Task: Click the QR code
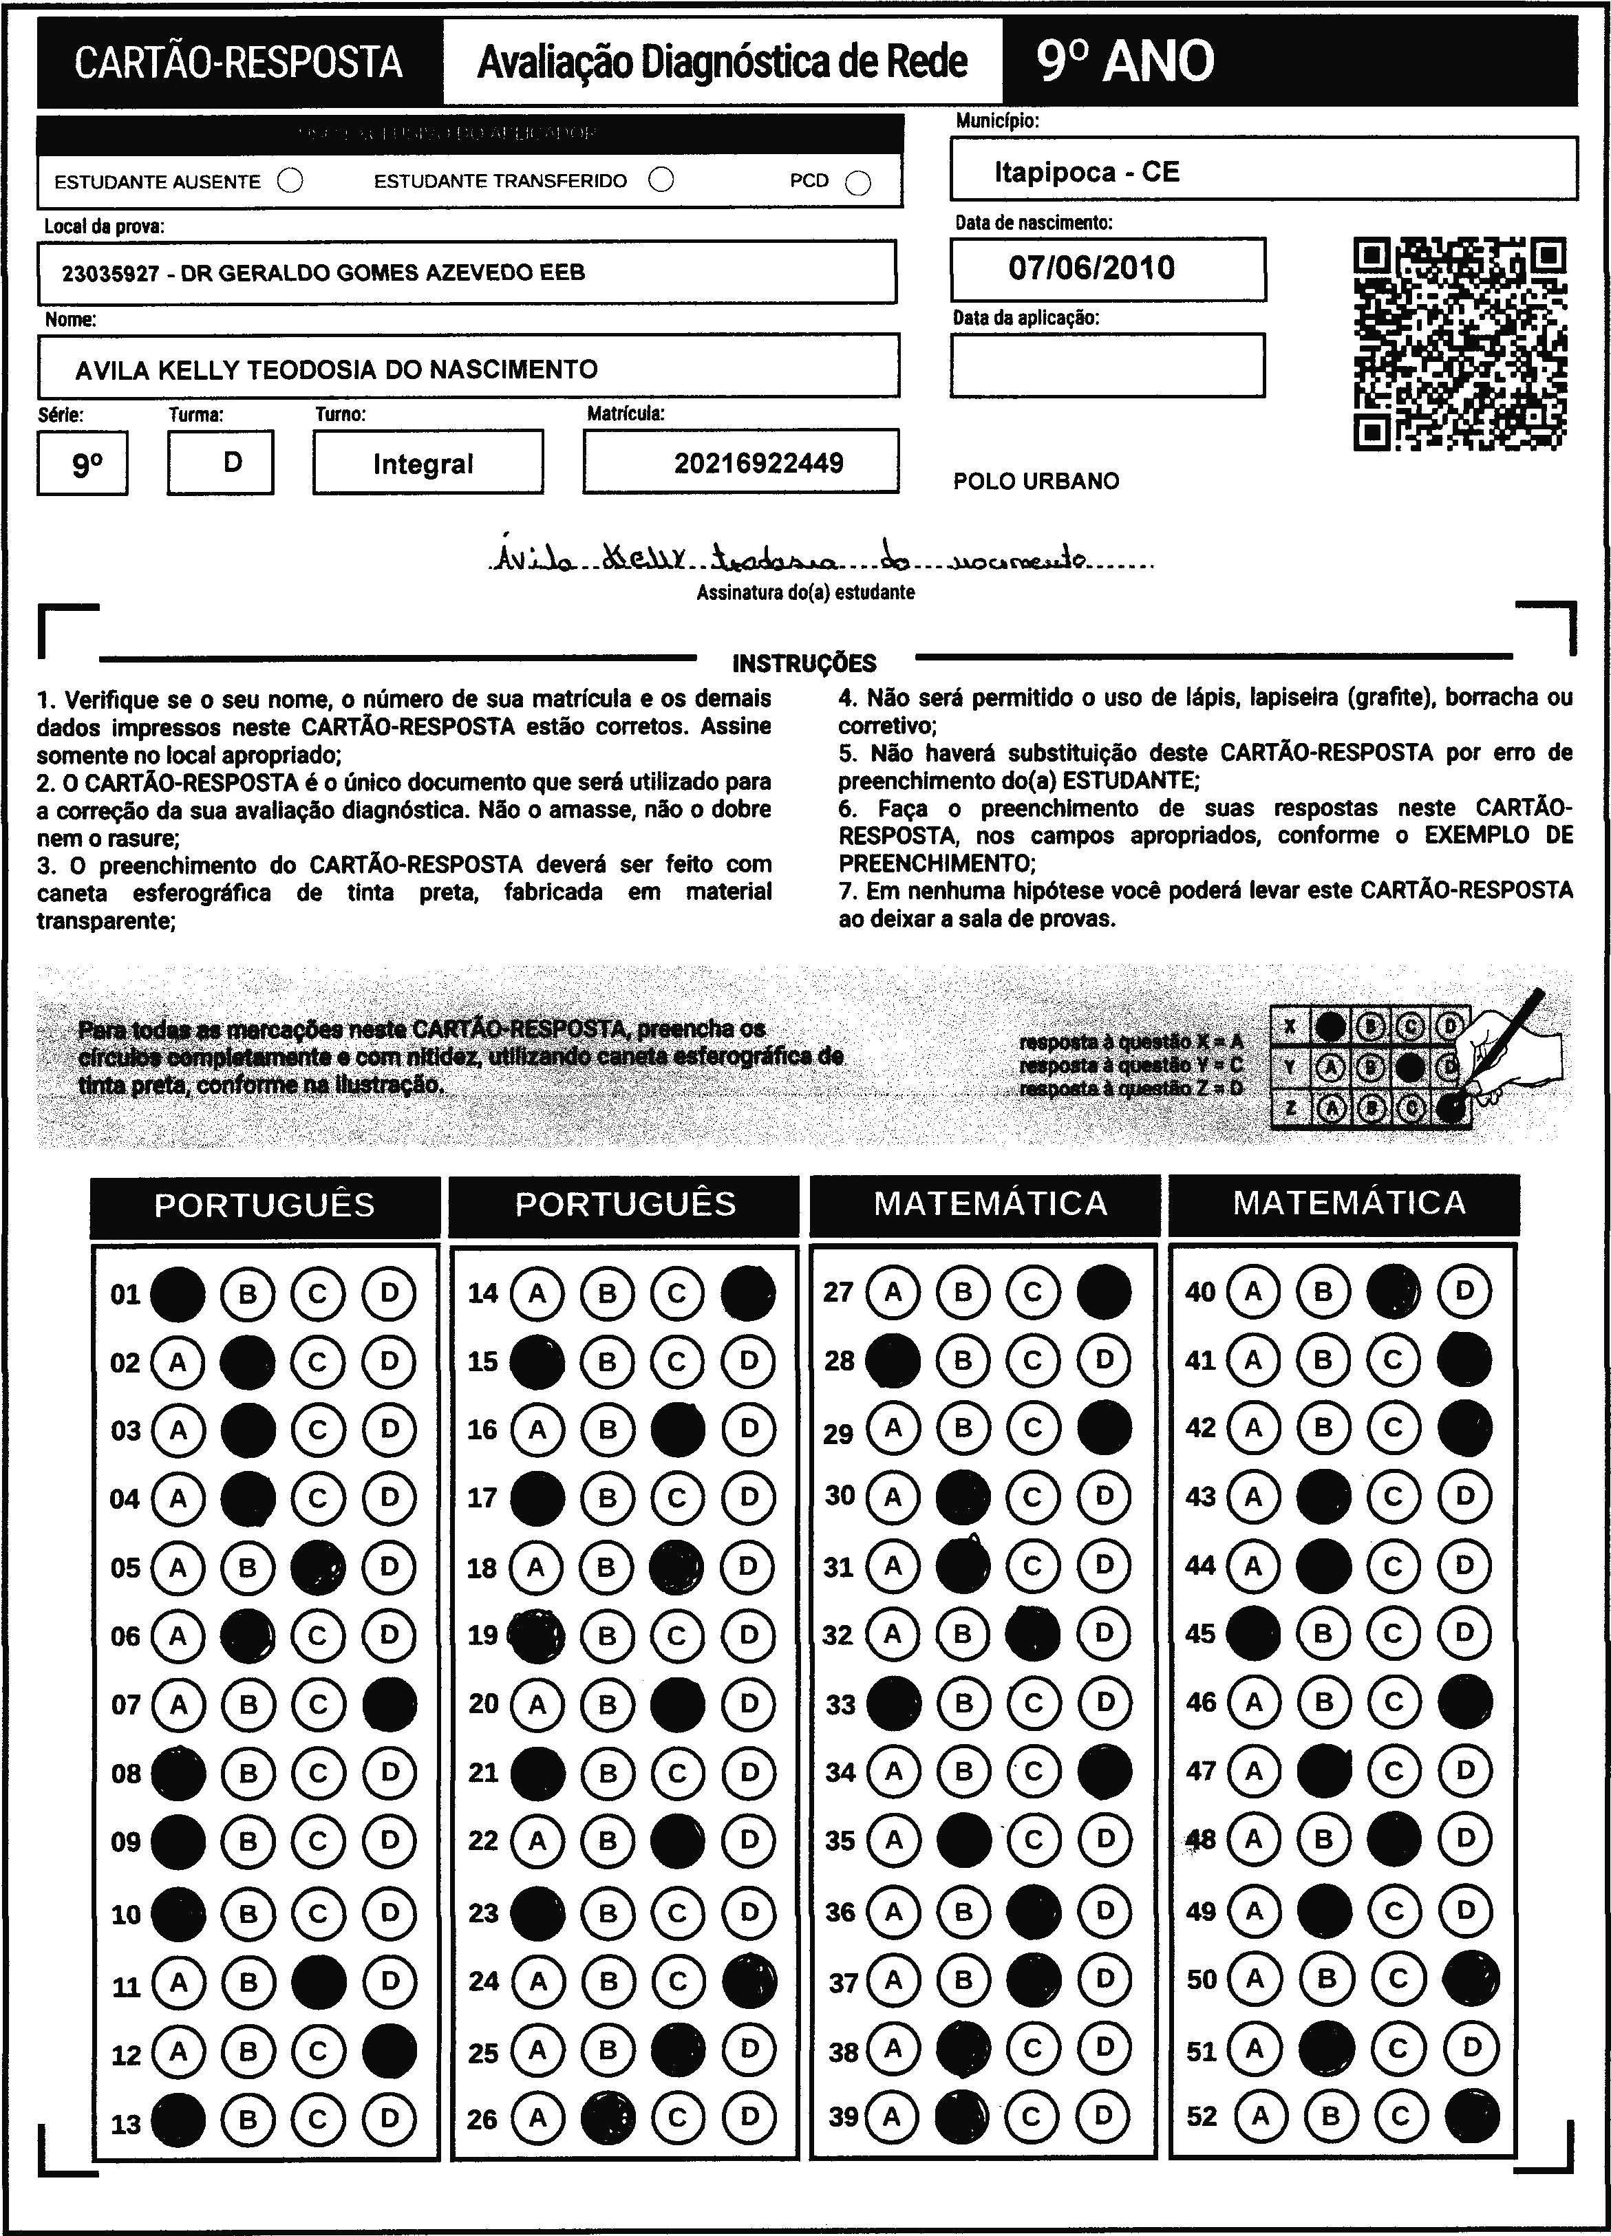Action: pos(1460,343)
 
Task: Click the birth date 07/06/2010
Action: pos(1091,268)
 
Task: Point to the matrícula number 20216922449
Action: pos(758,464)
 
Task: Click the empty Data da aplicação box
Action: pos(1107,365)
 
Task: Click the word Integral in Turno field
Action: pos(423,464)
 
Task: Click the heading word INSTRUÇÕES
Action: pos(804,663)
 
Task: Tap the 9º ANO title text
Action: pos(1125,62)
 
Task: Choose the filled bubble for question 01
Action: pos(178,1293)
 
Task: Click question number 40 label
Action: pos(1200,1291)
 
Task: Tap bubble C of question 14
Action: pos(677,1293)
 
